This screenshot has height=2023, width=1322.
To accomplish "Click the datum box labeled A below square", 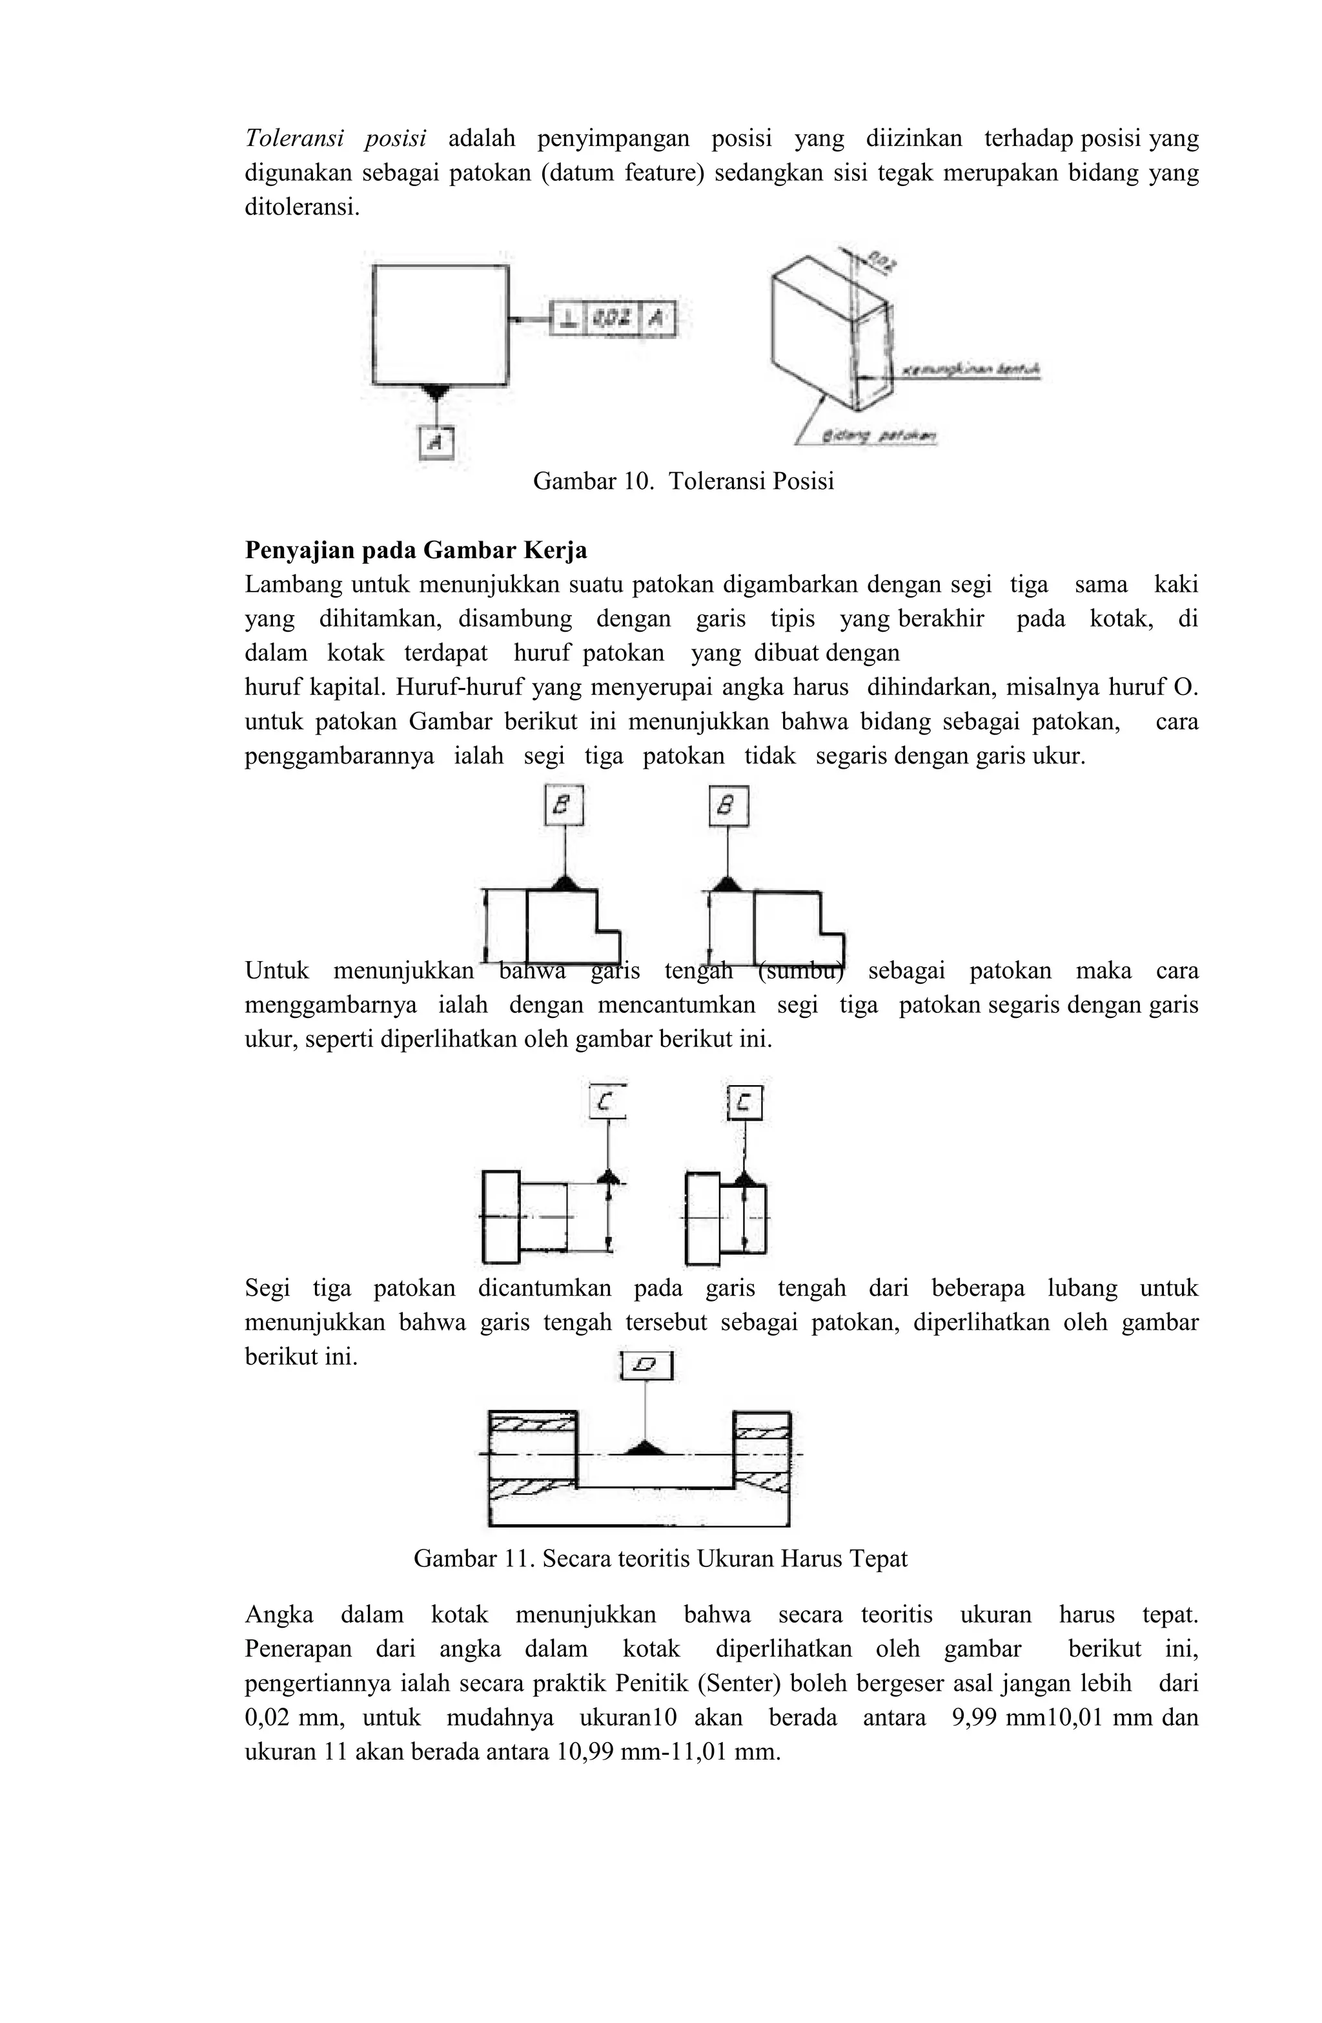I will [436, 441].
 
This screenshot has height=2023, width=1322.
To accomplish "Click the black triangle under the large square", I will [436, 390].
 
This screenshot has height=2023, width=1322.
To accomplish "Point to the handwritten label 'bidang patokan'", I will [879, 436].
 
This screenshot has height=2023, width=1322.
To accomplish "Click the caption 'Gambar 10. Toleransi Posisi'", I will [683, 481].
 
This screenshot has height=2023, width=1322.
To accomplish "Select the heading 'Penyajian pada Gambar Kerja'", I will [416, 551].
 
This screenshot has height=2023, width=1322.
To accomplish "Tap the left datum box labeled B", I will [564, 805].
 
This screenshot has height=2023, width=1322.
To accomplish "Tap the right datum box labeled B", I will [728, 805].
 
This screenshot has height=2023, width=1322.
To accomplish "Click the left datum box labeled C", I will [607, 1103].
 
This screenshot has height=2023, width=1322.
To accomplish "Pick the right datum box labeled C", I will [744, 1103].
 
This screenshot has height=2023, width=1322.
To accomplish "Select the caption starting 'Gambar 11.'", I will [660, 1559].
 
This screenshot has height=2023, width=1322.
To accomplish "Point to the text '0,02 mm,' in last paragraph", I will [294, 1717].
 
